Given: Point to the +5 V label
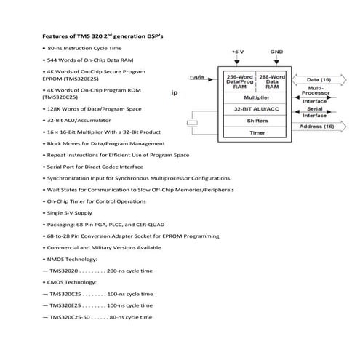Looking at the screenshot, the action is pos(237,52).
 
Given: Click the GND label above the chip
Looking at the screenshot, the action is pos(276,52).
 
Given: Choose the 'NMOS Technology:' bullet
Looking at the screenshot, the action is pos(70,259).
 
